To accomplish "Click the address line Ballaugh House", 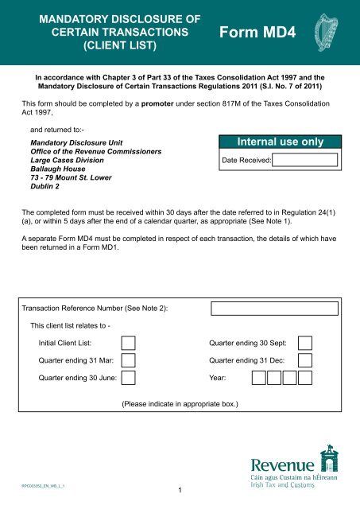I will pos(57,169).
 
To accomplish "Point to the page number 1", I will pos(181,489).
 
